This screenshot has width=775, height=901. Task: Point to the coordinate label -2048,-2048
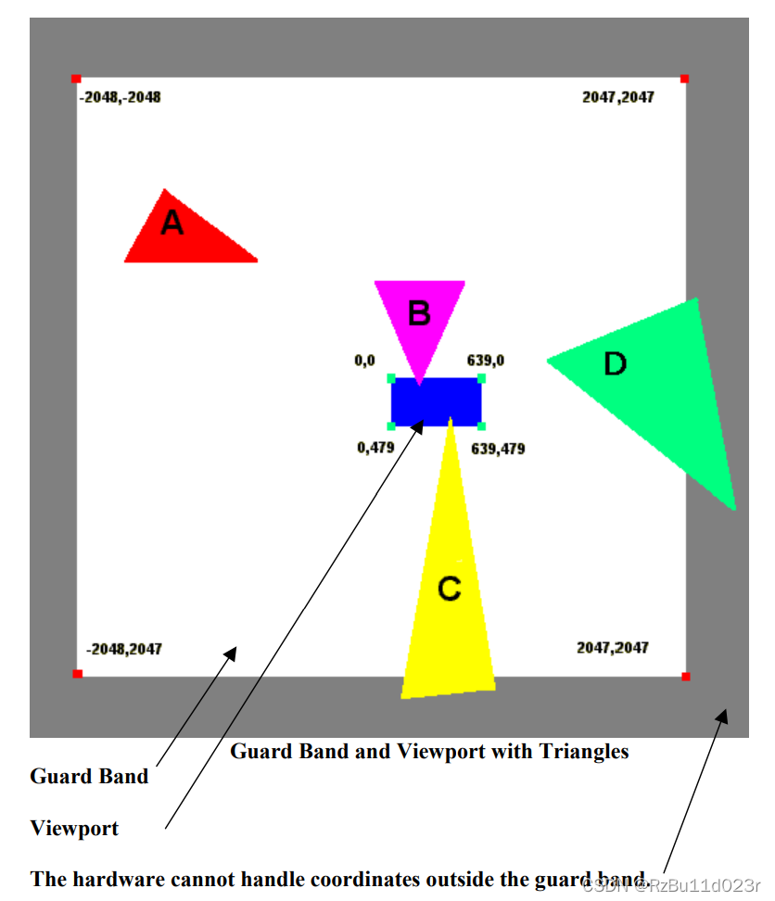click(x=121, y=97)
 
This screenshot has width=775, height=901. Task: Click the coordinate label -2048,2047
click(x=123, y=649)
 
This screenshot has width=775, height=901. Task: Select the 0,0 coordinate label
click(x=364, y=361)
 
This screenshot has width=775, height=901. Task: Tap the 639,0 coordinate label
click(x=486, y=361)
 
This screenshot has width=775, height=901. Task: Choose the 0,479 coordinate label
click(x=375, y=448)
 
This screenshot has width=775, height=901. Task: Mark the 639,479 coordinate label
click(x=498, y=449)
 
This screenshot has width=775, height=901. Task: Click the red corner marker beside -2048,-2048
click(x=76, y=79)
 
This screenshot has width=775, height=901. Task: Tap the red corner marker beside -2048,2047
click(x=77, y=674)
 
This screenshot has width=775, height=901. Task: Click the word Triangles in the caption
click(x=584, y=752)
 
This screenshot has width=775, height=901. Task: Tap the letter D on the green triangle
click(x=616, y=364)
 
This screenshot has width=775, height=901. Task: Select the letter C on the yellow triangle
click(x=449, y=589)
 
